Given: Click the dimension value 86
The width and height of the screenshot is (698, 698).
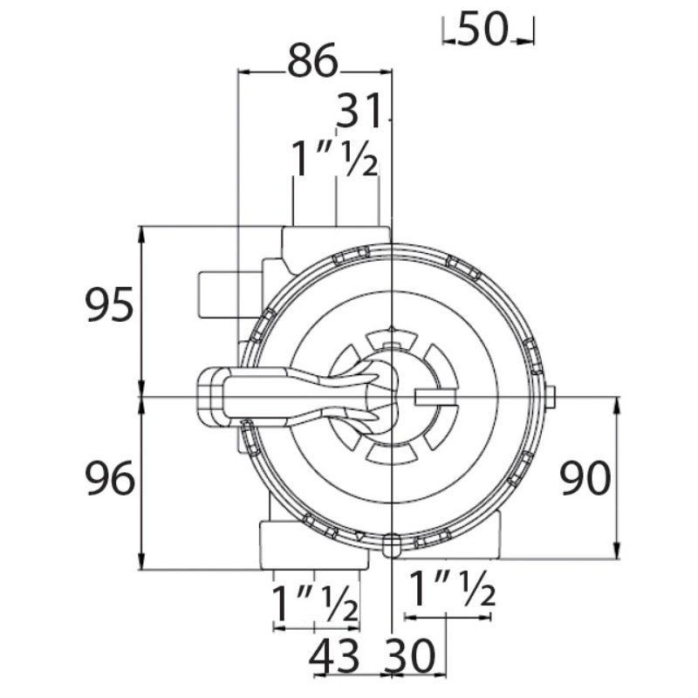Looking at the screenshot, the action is click(312, 61).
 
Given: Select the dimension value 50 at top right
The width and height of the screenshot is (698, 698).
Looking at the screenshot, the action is click(482, 29).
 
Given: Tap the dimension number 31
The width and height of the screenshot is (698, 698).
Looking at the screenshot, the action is click(359, 111).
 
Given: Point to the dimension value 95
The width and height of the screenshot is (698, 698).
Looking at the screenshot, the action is click(109, 305).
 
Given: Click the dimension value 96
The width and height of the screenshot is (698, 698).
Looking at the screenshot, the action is click(110, 478).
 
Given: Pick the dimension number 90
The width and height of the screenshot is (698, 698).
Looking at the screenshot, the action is click(585, 478).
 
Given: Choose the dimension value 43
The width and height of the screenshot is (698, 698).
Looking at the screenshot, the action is click(334, 656).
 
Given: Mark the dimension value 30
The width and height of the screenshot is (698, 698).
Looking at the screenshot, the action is click(409, 656).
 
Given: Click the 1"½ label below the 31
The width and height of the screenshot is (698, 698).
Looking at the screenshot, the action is click(334, 159).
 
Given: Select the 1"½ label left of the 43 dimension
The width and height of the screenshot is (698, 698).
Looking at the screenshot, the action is click(314, 604).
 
